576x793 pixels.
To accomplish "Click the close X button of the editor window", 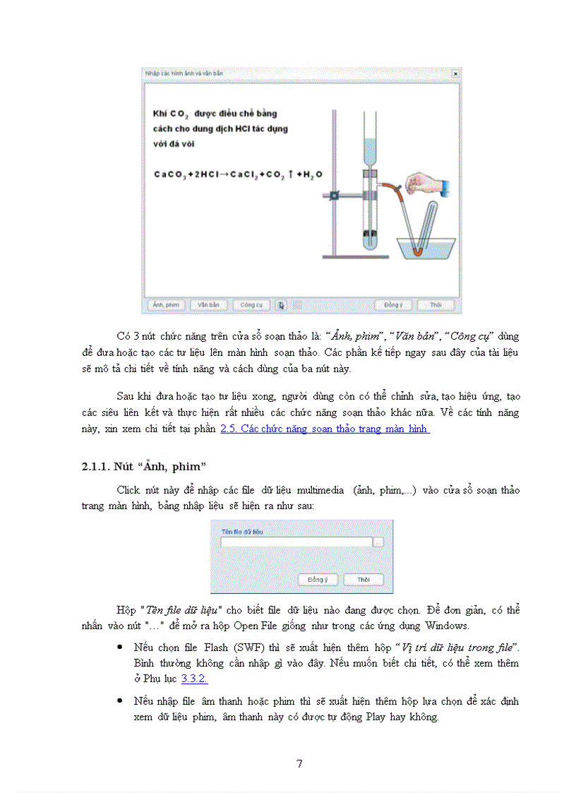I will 455,73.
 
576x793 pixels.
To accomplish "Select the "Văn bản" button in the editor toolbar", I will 208,305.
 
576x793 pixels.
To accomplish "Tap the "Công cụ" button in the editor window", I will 251,305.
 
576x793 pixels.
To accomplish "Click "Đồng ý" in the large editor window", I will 393,305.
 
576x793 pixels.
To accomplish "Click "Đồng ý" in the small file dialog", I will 318,580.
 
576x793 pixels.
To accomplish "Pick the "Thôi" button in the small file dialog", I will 363,580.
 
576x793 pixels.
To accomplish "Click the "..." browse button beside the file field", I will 378,542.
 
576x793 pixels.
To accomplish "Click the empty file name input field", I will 296,542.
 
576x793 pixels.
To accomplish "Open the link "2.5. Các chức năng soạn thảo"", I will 325,429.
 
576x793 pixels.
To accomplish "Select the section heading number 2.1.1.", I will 96,466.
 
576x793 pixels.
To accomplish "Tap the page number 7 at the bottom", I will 299,763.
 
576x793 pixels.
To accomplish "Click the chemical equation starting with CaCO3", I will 233,174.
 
